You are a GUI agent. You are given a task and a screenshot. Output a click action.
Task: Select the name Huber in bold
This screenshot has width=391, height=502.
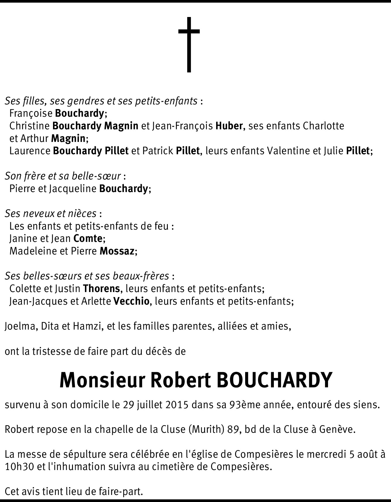pos(229,126)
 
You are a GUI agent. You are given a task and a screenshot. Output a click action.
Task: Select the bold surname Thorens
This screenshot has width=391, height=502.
pos(101,289)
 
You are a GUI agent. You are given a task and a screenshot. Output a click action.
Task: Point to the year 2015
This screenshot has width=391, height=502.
pos(176,405)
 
